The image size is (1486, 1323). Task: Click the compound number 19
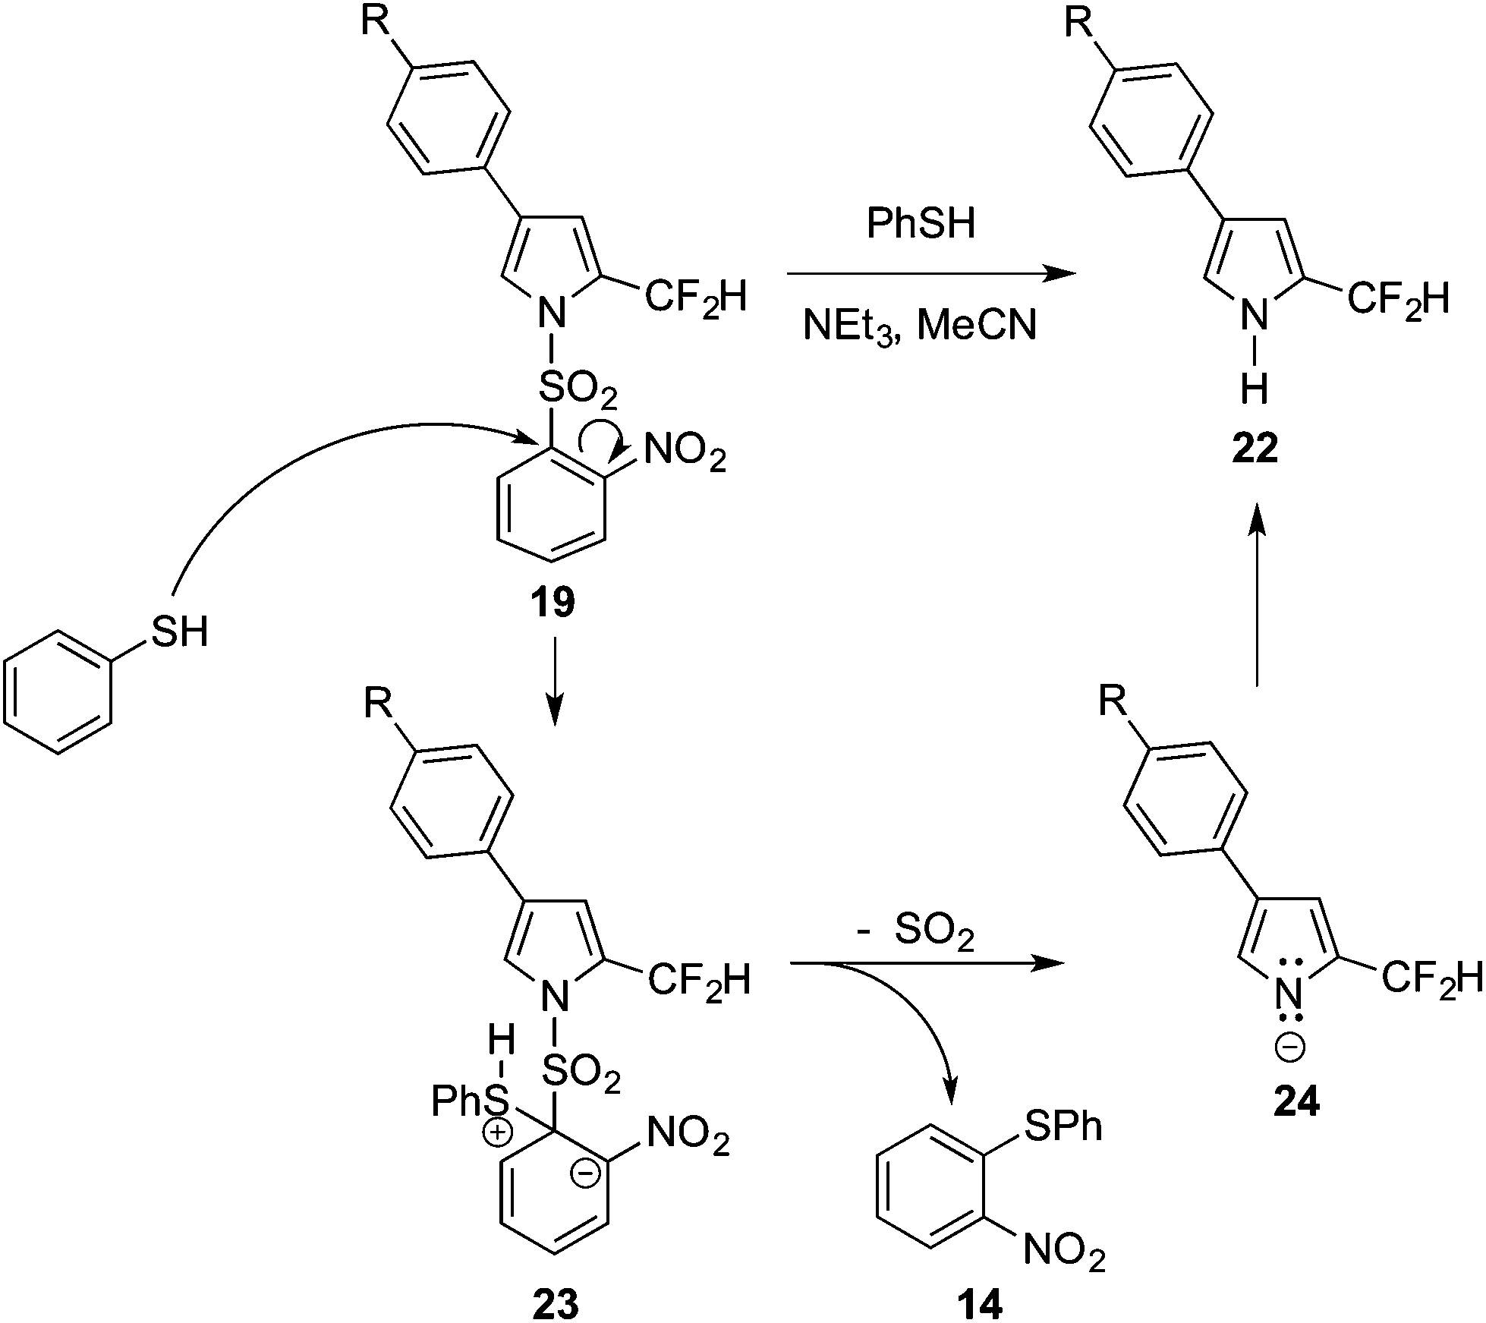(x=553, y=603)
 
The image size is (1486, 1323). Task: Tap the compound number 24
(x=1296, y=1101)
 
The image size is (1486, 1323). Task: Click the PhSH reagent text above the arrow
(x=921, y=225)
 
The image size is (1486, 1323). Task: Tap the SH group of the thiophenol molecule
(x=179, y=632)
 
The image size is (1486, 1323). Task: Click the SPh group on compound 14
(x=1063, y=1127)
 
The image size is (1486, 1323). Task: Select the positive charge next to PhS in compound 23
(x=499, y=1134)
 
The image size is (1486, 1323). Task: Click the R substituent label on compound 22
(x=1077, y=23)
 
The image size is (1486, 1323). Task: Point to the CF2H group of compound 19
(x=695, y=298)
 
